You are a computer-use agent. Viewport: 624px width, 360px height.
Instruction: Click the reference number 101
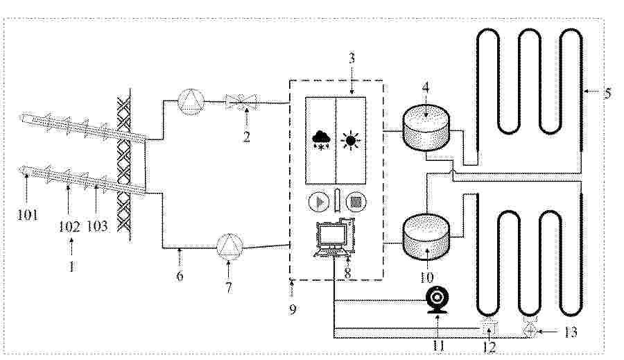[x=28, y=215]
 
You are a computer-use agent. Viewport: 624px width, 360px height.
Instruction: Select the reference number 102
[x=69, y=226]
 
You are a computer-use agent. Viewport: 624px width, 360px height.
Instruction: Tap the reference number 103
[x=97, y=226]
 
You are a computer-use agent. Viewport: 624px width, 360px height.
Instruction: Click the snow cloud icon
[x=322, y=140]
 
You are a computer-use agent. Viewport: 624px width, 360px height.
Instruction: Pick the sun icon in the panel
[x=351, y=141]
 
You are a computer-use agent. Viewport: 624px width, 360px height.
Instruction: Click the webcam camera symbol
[x=437, y=299]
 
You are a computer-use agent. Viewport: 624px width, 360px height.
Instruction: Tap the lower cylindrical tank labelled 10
[x=426, y=236]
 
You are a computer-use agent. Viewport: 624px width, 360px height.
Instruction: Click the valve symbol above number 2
[x=241, y=101]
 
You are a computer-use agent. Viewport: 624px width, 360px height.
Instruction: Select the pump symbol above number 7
[x=229, y=246]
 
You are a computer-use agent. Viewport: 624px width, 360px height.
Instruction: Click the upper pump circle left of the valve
[x=191, y=102]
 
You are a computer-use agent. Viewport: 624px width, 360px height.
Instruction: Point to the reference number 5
[x=607, y=94]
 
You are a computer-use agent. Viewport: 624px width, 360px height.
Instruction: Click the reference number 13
[x=571, y=332]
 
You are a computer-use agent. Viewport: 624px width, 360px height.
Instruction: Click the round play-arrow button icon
[x=319, y=202]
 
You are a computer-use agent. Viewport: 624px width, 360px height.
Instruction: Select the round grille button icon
[x=356, y=202]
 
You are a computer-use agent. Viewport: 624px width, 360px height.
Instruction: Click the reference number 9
[x=293, y=309]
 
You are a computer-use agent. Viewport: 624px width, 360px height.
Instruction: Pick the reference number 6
[x=180, y=275]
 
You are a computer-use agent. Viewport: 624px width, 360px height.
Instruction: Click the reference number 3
[x=352, y=58]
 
